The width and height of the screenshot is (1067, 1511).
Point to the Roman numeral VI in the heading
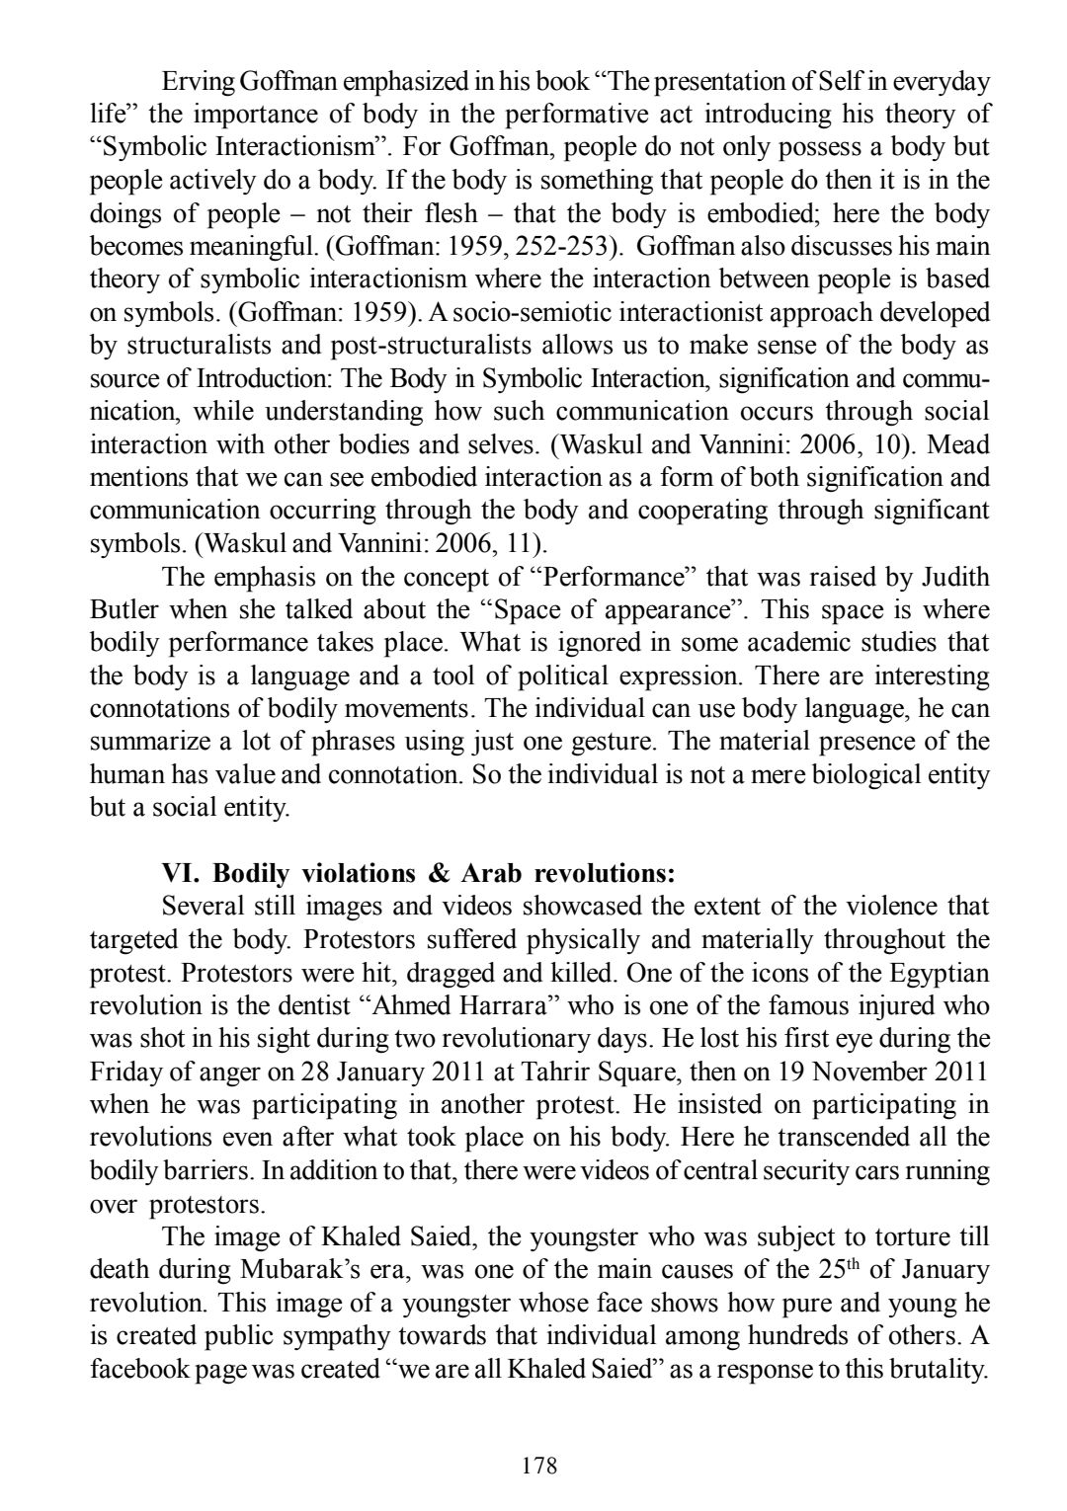[180, 874]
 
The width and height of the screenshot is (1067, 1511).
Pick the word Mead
[959, 444]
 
